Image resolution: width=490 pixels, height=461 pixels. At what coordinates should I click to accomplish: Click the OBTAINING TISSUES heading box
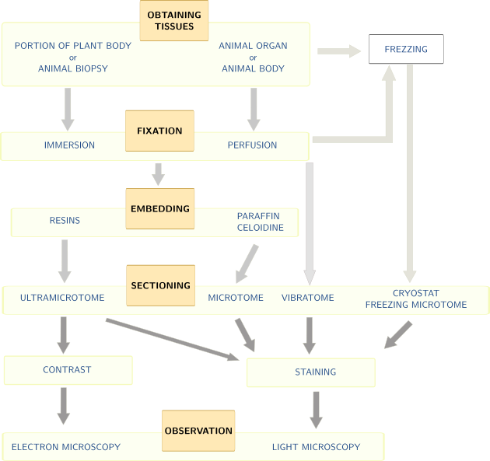(174, 20)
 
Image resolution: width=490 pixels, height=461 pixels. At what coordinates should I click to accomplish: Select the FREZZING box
(405, 49)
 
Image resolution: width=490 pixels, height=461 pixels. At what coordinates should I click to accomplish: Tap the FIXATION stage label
(159, 131)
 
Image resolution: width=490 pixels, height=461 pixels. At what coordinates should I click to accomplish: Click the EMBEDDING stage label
(160, 208)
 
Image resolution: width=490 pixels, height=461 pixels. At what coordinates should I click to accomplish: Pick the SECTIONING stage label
(160, 285)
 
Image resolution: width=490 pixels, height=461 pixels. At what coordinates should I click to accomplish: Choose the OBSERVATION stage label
(198, 430)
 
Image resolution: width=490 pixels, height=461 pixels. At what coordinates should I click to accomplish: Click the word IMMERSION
(69, 145)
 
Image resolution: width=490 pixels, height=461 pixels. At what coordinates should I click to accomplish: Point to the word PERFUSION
(252, 145)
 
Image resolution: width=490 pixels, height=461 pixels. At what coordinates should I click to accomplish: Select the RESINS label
(65, 221)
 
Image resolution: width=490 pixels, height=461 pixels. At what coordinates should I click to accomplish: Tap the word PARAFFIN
(258, 215)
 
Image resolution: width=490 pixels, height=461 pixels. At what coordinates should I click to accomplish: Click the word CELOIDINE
(261, 228)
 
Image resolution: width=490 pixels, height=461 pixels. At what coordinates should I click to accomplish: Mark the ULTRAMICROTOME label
(62, 298)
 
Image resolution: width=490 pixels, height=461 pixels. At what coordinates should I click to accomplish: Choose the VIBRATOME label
(307, 298)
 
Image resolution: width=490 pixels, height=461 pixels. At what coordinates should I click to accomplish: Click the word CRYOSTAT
(416, 293)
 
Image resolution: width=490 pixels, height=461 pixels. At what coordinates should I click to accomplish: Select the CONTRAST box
(67, 370)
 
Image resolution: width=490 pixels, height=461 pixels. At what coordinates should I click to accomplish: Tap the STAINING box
(315, 372)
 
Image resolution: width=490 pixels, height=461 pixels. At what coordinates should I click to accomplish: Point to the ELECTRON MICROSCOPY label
(66, 447)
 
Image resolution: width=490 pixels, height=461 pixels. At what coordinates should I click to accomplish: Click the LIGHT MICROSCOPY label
(316, 447)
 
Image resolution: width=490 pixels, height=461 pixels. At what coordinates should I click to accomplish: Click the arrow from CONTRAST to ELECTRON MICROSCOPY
(64, 405)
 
